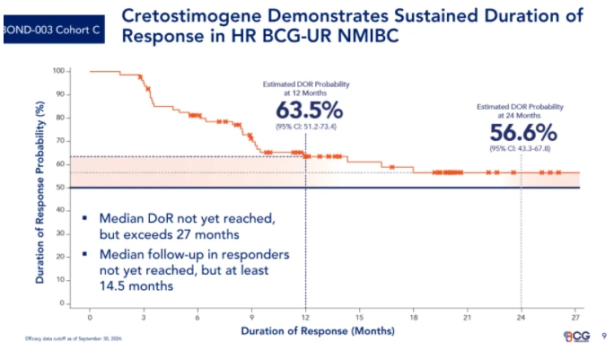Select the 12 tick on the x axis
304,318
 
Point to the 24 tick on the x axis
521,318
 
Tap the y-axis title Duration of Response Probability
39,189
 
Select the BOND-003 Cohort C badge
50,29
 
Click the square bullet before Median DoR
84,217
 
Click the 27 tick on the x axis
575,318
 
